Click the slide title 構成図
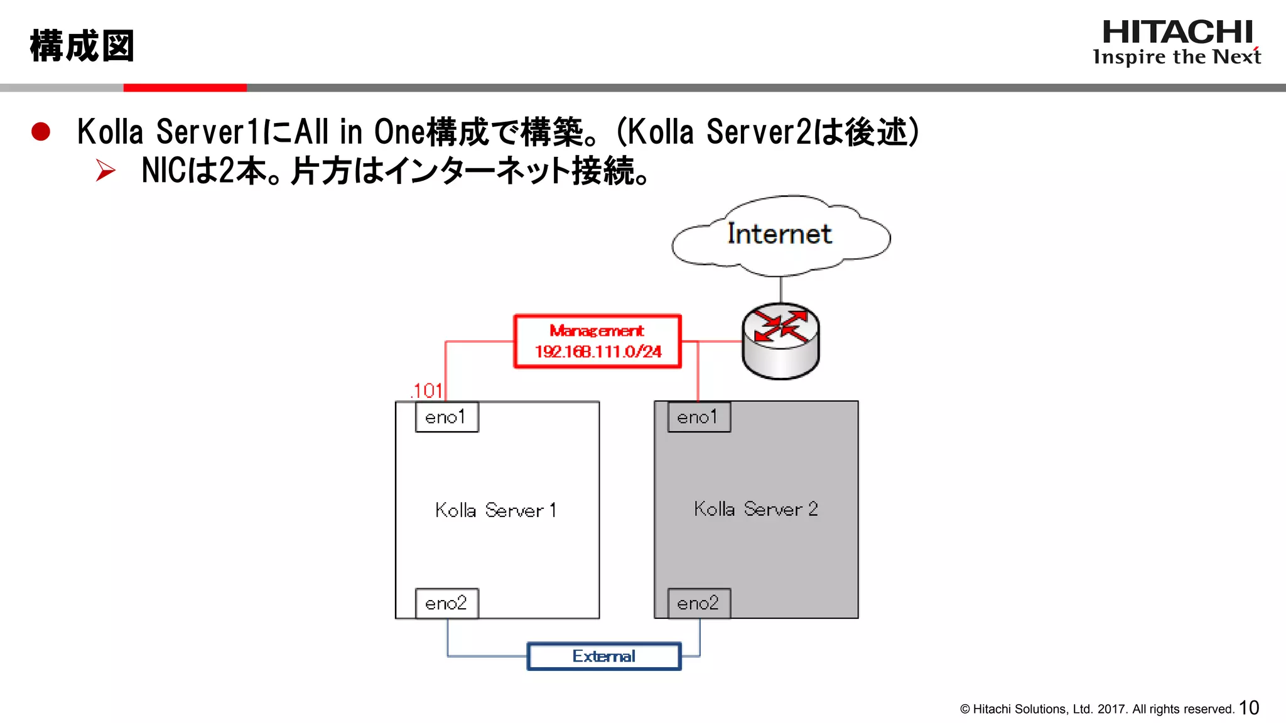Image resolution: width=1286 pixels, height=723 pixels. coord(82,46)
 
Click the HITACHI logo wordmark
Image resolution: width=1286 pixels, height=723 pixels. coord(1177,32)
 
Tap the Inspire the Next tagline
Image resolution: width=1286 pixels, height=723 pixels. coord(1176,57)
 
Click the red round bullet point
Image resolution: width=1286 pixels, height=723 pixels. coord(41,132)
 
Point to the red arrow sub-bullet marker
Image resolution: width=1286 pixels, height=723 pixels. coord(105,171)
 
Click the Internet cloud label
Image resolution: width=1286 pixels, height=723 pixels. coord(779,234)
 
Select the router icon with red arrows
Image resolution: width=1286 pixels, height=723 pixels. coord(781,341)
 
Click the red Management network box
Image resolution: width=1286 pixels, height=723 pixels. coord(597,341)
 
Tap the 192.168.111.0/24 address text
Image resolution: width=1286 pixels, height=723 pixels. coord(598,351)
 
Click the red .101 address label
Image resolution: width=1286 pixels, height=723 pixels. coord(428,390)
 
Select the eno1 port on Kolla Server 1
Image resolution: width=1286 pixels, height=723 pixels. coord(446,417)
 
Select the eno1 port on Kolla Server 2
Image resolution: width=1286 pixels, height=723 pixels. coord(698,417)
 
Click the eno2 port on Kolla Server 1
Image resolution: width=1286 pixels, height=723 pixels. coord(446,603)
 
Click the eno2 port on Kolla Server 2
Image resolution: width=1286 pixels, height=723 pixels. coord(698,603)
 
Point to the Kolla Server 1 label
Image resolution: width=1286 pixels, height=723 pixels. coord(496,510)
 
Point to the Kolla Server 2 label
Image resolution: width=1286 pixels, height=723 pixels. coord(755,509)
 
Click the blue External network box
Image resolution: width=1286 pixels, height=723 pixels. coord(603,656)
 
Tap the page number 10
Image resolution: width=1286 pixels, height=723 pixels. coord(1249,708)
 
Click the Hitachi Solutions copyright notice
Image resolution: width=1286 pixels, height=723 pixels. coord(1096,709)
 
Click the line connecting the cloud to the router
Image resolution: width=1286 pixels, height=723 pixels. coord(781,289)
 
